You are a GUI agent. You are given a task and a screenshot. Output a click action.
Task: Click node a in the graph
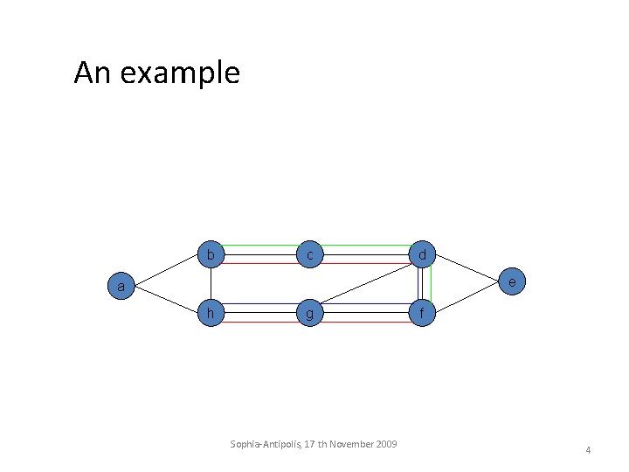pos(124,285)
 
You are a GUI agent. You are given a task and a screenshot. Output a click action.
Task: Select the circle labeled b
pos(210,255)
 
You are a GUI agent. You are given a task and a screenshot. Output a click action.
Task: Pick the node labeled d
pos(422,255)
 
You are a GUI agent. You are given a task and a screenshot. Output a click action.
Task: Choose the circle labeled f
pos(422,312)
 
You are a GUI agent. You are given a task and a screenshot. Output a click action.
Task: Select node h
pos(210,312)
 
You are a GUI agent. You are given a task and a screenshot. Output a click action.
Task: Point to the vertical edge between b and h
pos(210,284)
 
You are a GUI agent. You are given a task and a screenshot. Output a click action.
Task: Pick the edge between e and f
pos(469,297)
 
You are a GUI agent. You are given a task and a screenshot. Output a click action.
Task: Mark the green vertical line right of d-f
pos(431,284)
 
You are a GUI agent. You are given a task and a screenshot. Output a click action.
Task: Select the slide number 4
pos(588,450)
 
